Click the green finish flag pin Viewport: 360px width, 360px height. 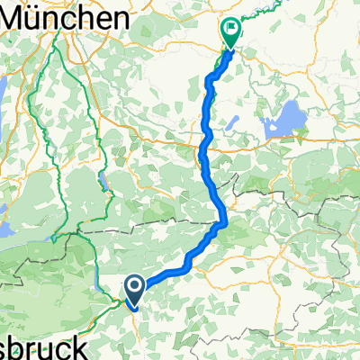pos(230,33)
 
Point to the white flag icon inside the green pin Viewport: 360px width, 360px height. pos(231,29)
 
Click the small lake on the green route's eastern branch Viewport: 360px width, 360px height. pos(106,188)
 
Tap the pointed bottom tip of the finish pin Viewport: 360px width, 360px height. pos(230,48)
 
